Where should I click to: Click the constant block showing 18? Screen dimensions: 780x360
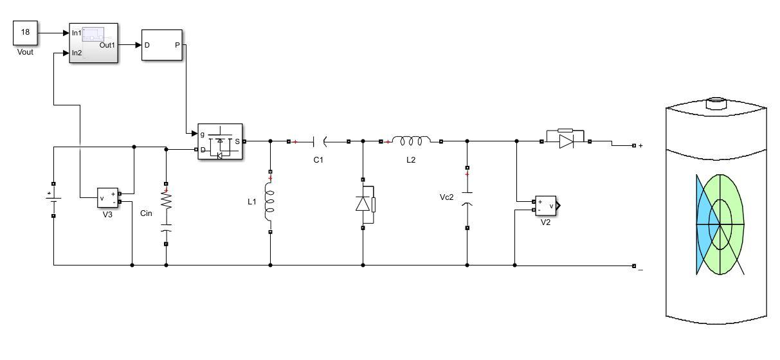click(x=25, y=33)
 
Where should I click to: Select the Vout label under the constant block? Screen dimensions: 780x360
click(x=25, y=52)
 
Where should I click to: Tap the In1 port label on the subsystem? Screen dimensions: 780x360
click(x=77, y=33)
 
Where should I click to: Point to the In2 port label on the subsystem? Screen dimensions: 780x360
click(x=77, y=53)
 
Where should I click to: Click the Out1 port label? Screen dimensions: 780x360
click(x=107, y=45)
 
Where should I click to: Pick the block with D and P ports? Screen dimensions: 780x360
click(x=162, y=45)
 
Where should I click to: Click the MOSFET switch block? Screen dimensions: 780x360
click(x=220, y=141)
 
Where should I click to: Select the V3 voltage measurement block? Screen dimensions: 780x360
click(x=107, y=198)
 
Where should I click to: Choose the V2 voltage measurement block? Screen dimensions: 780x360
click(x=546, y=206)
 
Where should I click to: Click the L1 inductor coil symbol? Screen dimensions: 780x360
click(x=269, y=202)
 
